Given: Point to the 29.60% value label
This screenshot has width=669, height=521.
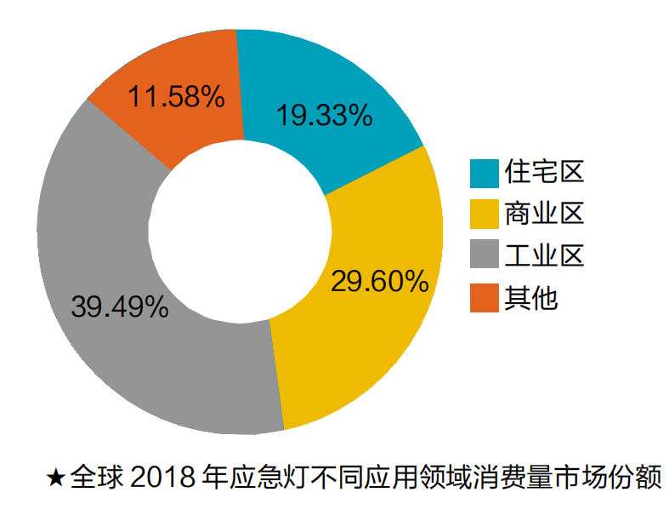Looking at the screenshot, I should pyautogui.click(x=379, y=280).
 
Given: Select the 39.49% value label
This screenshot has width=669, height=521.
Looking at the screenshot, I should pyautogui.click(x=120, y=306).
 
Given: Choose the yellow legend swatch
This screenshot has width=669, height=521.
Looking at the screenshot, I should pyautogui.click(x=484, y=214).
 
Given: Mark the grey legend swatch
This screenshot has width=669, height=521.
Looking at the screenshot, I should pyautogui.click(x=484, y=255).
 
